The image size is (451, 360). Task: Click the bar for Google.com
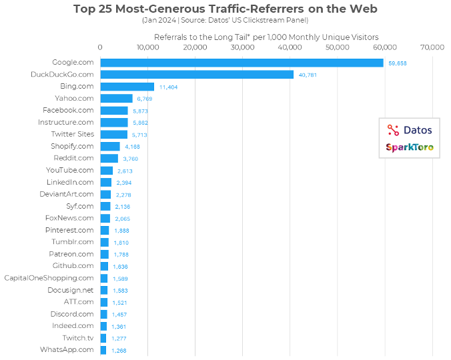[242, 63]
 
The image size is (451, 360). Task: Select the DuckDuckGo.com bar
[197, 75]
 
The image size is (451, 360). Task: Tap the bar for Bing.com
[127, 87]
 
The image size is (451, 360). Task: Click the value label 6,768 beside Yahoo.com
[145, 99]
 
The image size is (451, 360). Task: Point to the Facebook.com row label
[68, 110]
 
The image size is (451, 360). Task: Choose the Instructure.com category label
[65, 122]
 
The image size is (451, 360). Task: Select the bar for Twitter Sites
[113, 134]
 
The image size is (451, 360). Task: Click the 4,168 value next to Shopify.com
[132, 147]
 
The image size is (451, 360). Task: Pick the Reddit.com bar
[109, 158]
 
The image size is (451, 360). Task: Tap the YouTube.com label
[69, 170]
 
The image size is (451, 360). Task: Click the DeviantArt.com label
[66, 194]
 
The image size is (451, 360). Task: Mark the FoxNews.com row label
[69, 218]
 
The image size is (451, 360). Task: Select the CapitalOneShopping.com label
[49, 277]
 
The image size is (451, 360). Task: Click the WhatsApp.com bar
[103, 349]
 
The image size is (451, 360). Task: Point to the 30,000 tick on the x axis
[242, 47]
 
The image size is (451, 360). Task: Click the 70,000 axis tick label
[433, 47]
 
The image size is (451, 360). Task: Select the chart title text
[225, 9]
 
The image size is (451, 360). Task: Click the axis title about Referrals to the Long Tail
[266, 37]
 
